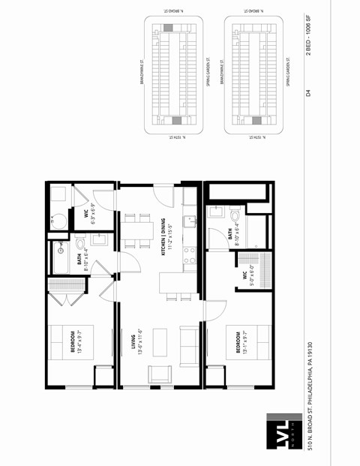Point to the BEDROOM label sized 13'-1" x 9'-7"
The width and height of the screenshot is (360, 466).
[x=241, y=341]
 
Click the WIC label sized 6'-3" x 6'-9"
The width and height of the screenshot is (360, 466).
[x=89, y=215]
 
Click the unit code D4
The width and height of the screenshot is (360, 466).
[x=307, y=93]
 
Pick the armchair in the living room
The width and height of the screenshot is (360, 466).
[x=159, y=374]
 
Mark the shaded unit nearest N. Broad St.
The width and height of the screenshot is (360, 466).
[x=168, y=28]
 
